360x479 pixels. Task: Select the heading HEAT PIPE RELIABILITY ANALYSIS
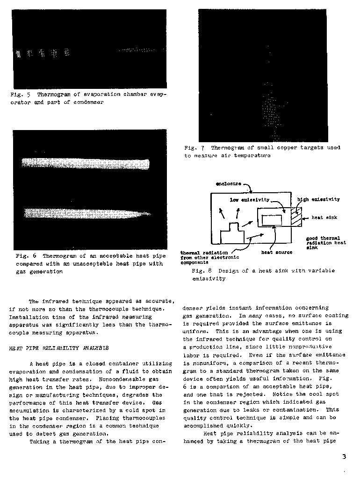pos(59,348)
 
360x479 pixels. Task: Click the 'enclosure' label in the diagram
pos(229,183)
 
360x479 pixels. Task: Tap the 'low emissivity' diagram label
pos(250,200)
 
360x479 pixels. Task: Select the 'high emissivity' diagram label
pos(318,199)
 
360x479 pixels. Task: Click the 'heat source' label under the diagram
pos(277,252)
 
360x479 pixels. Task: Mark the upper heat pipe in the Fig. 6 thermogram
pos(86,164)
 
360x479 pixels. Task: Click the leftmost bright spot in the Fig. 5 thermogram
pos(19,54)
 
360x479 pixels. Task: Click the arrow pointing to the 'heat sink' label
pos(308,218)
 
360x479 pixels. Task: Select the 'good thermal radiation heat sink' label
pos(326,243)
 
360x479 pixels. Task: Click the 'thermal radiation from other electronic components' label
pos(209,257)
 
